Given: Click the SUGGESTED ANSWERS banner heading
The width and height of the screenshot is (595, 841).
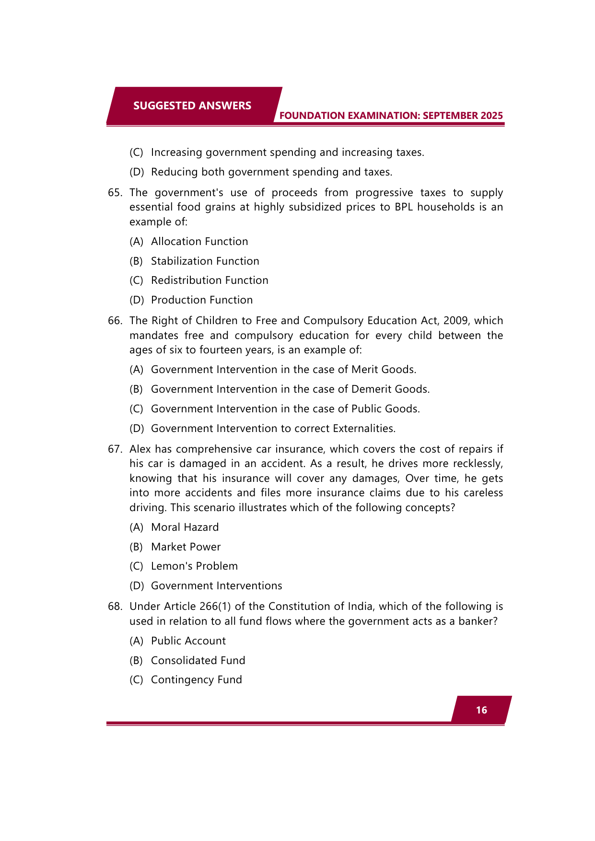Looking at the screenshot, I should tap(192, 105).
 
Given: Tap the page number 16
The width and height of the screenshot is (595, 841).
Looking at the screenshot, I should tap(481, 710).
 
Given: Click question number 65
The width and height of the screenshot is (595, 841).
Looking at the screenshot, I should tap(115, 193).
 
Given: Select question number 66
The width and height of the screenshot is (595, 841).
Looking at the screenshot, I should tap(115, 321).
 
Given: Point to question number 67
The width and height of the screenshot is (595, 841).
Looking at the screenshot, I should tap(115, 449).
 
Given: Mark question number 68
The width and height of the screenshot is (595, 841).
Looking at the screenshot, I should tap(115, 607).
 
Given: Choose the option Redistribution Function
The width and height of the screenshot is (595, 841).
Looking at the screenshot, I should tap(210, 280).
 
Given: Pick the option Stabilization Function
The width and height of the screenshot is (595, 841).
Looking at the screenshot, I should tap(205, 261).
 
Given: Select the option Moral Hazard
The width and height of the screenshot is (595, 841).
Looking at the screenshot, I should tap(185, 527).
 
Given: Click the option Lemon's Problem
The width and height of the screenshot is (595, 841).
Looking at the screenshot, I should tap(194, 566).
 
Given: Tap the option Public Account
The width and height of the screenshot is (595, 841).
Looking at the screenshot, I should tap(188, 641).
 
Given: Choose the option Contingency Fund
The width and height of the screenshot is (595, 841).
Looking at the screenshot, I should tap(196, 680).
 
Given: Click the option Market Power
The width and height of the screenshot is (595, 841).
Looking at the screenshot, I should tap(186, 547).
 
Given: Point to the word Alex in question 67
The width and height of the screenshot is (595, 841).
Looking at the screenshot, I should tap(140, 449).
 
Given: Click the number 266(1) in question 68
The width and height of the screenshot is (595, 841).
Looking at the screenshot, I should tap(215, 607).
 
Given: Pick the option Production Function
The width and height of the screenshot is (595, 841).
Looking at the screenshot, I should tap(201, 300).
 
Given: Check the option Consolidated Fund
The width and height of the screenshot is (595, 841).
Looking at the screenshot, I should tap(198, 661).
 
